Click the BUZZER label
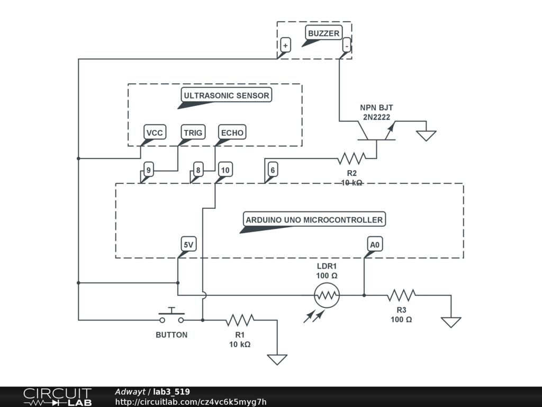323,33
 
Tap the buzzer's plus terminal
285,46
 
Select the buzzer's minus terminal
346,46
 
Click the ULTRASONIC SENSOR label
227,95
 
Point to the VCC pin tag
155,132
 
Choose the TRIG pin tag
193,132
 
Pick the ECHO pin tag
232,132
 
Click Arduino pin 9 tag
149,170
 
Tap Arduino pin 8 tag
198,170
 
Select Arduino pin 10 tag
225,170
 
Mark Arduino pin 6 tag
273,170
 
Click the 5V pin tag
188,244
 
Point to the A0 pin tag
375,244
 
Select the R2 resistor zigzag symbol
351,158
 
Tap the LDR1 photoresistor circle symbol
327,295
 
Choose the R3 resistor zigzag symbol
401,295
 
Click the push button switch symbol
171,316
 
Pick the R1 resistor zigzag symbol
240,320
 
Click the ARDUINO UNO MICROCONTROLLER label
314,219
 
